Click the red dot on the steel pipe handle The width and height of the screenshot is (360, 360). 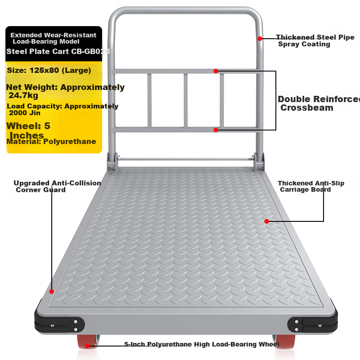point(260,39)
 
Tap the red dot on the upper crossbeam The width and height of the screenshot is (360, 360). point(216,71)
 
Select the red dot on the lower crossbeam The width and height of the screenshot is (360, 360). point(216,130)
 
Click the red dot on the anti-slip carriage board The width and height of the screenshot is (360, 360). point(266,221)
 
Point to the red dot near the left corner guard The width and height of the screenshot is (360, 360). point(52,292)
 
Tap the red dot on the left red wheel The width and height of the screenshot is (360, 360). point(87,346)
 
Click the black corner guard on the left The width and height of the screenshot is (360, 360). point(59,322)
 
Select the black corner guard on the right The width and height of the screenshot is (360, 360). point(313,322)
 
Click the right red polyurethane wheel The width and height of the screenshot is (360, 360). point(284,342)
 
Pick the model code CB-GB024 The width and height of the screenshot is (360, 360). point(91,51)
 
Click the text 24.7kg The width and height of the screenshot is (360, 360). point(23,95)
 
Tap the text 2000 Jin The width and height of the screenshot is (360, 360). point(25,113)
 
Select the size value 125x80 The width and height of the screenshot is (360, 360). point(44,70)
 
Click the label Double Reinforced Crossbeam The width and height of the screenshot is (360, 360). point(319,103)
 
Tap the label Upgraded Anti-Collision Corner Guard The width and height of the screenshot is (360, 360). point(58,186)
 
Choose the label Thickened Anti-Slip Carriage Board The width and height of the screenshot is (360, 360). point(311,186)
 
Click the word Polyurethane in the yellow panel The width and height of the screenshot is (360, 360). point(70,141)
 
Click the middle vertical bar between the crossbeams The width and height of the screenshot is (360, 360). point(186,100)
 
